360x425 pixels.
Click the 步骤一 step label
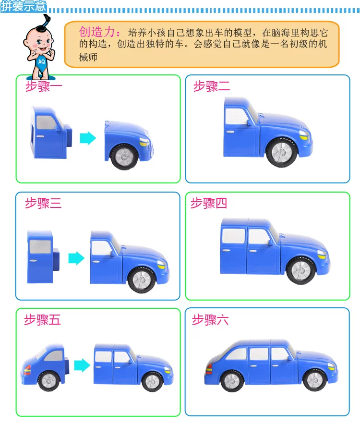click(44, 86)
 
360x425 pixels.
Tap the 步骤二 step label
click(212, 86)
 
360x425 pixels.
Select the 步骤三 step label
click(43, 203)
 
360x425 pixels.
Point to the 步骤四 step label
click(209, 203)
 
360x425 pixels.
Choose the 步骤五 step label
click(43, 320)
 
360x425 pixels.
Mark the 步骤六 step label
click(210, 320)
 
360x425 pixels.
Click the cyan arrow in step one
click(88, 138)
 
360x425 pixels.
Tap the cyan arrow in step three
click(76, 258)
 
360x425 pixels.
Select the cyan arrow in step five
click(82, 365)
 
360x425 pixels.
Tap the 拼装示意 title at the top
click(24, 6)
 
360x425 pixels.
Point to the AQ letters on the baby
click(41, 61)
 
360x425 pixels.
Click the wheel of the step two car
click(281, 152)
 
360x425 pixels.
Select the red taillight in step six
click(209, 369)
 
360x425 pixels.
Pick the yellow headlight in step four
click(322, 255)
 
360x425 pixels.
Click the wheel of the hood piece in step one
click(124, 157)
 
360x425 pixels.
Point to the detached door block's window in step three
click(40, 247)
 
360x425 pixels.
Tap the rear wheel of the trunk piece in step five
click(49, 381)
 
